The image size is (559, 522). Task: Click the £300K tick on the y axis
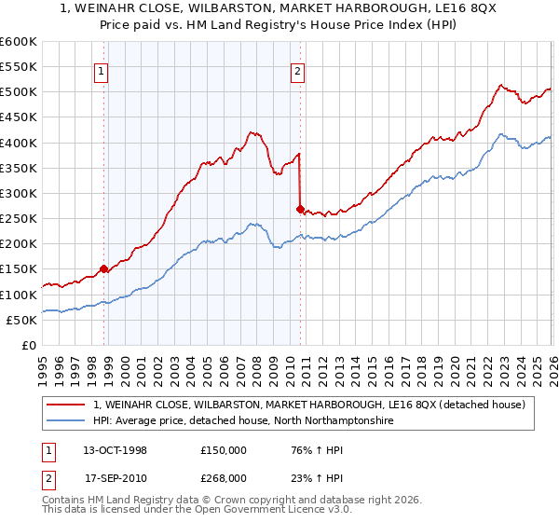(x=19, y=193)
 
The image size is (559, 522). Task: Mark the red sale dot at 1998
(x=104, y=269)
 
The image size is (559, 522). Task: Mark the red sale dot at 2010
(x=300, y=209)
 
